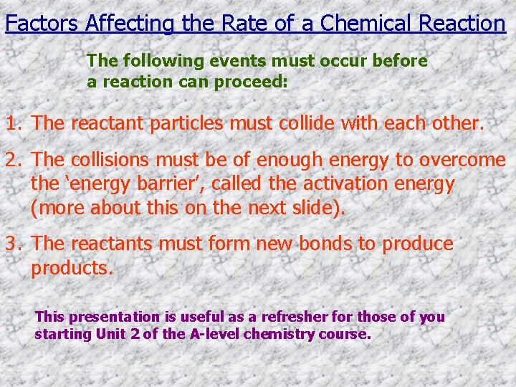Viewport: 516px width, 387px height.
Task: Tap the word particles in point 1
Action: [x=189, y=123]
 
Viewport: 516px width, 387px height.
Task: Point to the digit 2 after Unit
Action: [x=135, y=334]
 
